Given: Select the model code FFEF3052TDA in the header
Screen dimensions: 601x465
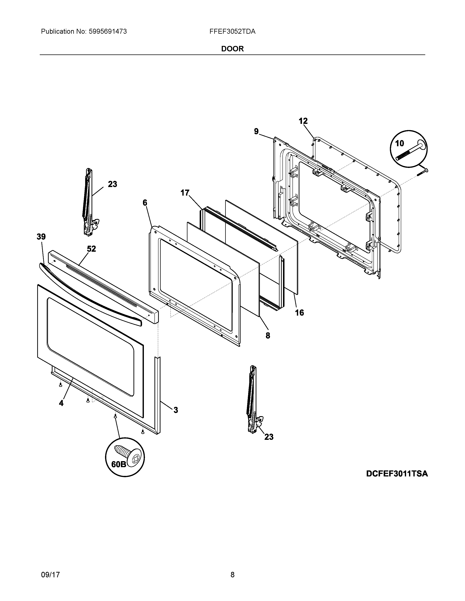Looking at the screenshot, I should (232, 32).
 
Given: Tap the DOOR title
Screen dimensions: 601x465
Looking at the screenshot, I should (232, 49).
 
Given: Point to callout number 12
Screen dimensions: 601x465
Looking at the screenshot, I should (303, 121).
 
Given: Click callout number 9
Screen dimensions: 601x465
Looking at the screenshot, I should (256, 131).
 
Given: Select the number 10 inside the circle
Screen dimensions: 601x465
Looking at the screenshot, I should (400, 143).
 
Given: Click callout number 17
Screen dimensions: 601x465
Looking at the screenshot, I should (185, 193).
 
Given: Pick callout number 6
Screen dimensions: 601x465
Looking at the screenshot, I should (145, 203).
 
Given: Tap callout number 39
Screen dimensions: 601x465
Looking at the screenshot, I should (41, 237).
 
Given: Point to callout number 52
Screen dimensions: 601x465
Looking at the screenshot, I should (92, 249).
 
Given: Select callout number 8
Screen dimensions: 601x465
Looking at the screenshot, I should (268, 335).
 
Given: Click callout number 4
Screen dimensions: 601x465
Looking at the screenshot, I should (61, 403).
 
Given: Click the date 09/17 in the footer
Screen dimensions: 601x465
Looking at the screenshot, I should (50, 567).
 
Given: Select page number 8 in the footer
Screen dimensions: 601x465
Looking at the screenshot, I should (232, 567).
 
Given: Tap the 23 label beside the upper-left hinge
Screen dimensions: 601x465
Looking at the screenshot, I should (112, 184).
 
